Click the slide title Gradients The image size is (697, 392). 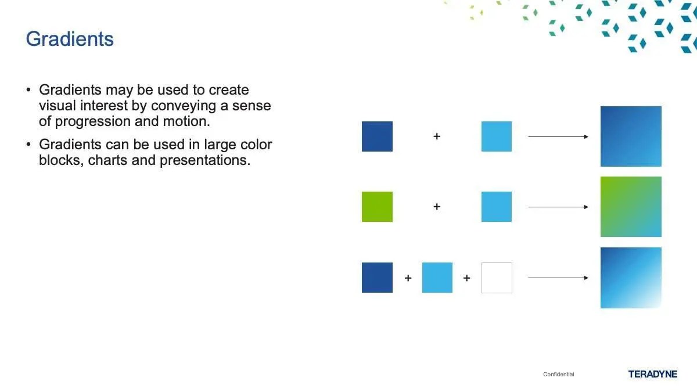pos(70,39)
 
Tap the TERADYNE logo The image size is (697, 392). pos(652,374)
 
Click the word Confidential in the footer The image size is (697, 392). pos(559,374)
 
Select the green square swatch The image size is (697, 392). pos(377,207)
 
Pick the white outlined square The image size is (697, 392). pos(497,278)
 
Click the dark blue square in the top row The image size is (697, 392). pos(377,136)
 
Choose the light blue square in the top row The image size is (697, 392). pos(497,136)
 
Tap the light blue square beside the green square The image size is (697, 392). pos(497,207)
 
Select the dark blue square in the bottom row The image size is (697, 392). pos(377,278)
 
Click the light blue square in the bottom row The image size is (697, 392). pos(437,278)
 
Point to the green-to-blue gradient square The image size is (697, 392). pos(631,207)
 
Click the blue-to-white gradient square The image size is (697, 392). pos(631,278)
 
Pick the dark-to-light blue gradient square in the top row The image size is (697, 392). pos(631,136)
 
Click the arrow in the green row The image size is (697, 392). pos(558,207)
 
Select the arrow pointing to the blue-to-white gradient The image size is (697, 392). pos(558,278)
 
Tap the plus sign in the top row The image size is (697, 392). pos(437,136)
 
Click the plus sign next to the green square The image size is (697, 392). pos(437,207)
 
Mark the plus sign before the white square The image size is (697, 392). pos(467,278)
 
